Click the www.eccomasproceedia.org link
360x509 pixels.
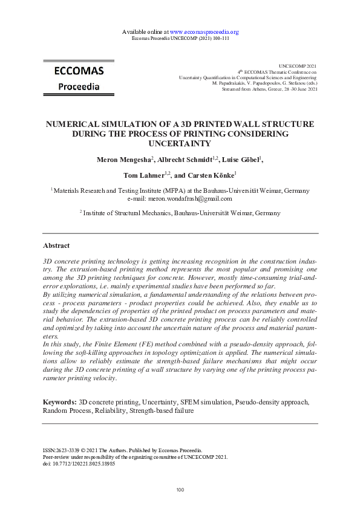(204, 31)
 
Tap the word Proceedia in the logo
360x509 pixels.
(79, 86)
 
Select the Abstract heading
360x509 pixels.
(56, 246)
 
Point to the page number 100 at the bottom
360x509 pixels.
(180, 490)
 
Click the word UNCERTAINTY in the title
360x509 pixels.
(180, 144)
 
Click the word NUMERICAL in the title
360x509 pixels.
(77, 124)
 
